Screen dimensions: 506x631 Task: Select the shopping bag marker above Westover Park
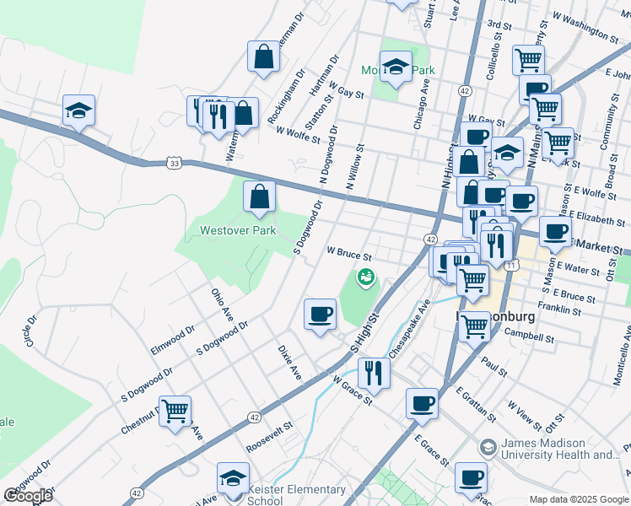[x=259, y=197]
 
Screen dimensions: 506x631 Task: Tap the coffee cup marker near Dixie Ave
[x=319, y=315]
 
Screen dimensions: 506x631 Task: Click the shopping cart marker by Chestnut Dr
[x=175, y=412]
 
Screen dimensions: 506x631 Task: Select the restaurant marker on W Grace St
[x=373, y=372]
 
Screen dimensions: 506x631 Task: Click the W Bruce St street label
[x=348, y=251]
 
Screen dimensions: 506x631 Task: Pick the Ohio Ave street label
[x=221, y=304]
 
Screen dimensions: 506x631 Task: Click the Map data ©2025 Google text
[x=579, y=499]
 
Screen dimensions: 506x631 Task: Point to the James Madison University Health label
[x=560, y=449]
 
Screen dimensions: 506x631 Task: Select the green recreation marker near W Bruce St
[x=366, y=276]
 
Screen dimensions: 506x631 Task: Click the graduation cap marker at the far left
[x=78, y=110]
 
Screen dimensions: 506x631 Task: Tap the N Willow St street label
[x=354, y=166]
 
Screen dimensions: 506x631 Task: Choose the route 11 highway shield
[x=511, y=264]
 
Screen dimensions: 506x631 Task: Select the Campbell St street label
[x=529, y=336]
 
